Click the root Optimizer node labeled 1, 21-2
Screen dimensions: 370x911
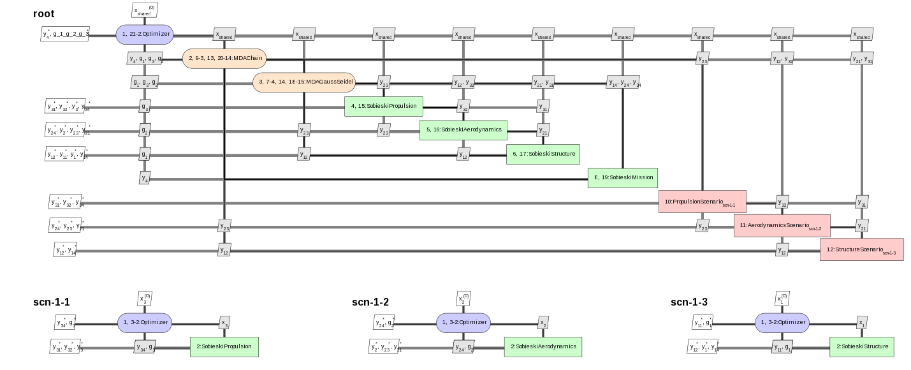coord(145,34)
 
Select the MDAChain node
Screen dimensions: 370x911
coord(224,59)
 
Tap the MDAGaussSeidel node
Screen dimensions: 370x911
coord(304,82)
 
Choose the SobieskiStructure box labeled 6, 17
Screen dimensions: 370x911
coord(543,154)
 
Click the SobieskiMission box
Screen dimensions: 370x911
coord(623,178)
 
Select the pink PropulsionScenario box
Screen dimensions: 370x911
coord(702,202)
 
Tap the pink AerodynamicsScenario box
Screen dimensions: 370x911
coord(782,226)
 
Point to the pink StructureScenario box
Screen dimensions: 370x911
coord(861,249)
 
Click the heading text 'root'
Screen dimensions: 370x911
coord(44,13)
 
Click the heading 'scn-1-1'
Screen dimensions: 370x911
coord(52,302)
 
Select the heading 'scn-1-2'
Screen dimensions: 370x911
coord(370,302)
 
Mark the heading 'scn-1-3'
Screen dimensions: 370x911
coord(689,302)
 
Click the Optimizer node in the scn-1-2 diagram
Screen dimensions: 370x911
coord(463,322)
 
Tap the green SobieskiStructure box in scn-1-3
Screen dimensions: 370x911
coord(861,346)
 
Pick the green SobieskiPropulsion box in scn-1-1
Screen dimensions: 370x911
coord(224,346)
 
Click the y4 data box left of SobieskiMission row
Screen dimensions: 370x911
coord(145,178)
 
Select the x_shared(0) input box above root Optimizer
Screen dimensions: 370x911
coord(144,10)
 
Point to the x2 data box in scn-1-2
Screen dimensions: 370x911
coord(543,323)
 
